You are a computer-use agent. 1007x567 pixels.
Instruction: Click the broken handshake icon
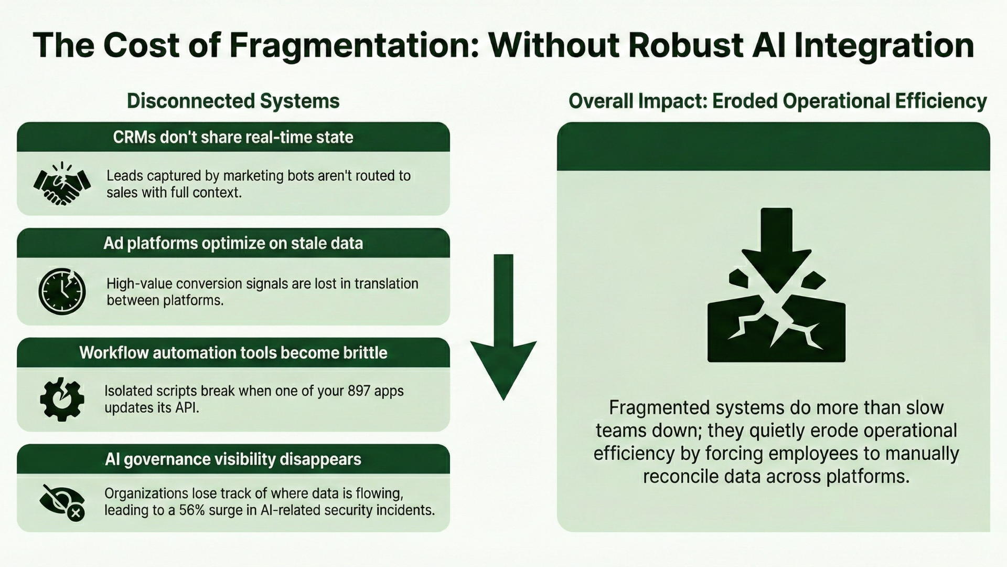coord(62,184)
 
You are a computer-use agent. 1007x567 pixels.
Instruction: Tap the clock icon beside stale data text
coord(62,291)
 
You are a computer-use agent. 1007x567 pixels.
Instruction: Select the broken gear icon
coord(62,399)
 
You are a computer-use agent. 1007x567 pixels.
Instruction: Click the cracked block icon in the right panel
coord(776,328)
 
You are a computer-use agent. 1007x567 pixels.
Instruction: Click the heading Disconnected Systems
coord(233,101)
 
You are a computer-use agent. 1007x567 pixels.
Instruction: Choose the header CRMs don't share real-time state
coord(233,138)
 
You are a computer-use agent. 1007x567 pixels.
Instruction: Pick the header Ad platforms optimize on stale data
coord(233,244)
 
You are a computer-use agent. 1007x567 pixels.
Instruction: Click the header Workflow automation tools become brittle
coord(233,353)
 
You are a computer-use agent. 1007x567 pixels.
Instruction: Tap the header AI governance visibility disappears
coord(233,459)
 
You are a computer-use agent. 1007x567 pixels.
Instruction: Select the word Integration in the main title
coord(884,45)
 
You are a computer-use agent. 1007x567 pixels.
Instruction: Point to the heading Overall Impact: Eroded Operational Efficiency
coord(777,101)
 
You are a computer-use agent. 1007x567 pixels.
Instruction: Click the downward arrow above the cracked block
coord(776,247)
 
